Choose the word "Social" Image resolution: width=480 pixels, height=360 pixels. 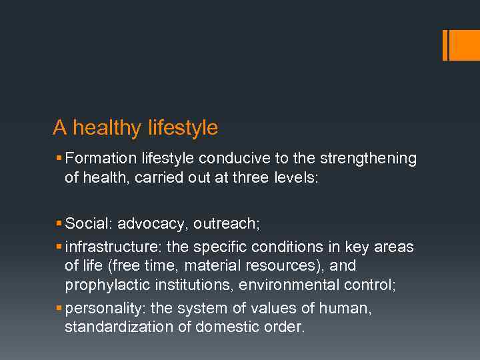(87, 223)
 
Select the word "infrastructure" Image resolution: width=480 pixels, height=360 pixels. (113, 247)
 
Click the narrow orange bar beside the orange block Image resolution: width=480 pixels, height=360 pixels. (445, 45)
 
